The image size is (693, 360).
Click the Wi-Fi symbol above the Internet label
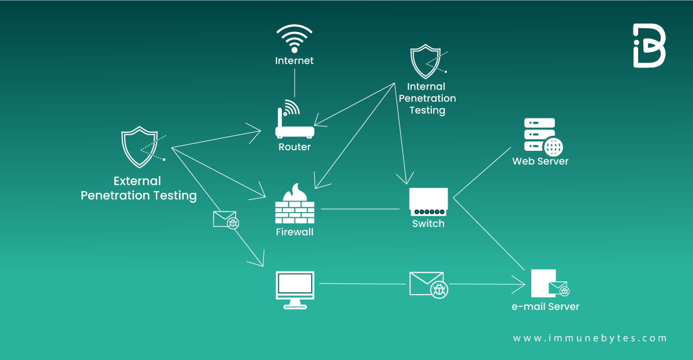(295, 38)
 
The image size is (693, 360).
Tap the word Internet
(295, 61)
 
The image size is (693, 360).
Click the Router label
(295, 147)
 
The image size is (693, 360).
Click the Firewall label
(295, 232)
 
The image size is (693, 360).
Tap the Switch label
(428, 224)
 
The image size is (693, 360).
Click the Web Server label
(540, 161)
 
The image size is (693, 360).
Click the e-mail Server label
(545, 306)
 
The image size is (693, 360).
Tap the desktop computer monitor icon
(295, 289)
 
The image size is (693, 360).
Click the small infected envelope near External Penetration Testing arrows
(226, 220)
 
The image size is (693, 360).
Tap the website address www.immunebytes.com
(590, 338)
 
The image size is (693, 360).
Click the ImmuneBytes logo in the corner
(649, 46)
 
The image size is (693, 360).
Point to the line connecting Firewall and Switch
(360, 209)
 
